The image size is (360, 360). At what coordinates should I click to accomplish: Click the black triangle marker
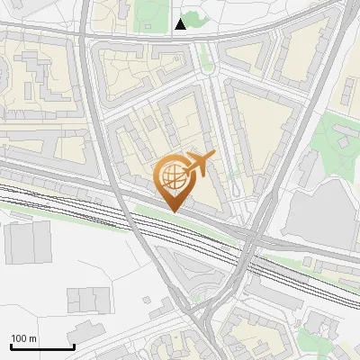click(181, 24)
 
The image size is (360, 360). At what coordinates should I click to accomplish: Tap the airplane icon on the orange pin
click(198, 164)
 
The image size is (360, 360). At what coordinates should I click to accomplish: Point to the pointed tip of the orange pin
click(173, 211)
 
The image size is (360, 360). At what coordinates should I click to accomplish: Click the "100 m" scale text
click(24, 338)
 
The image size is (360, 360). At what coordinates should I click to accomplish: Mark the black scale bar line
click(41, 347)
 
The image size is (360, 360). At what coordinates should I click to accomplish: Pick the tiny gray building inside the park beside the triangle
click(150, 8)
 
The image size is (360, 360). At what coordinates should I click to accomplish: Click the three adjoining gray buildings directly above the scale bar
click(87, 299)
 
